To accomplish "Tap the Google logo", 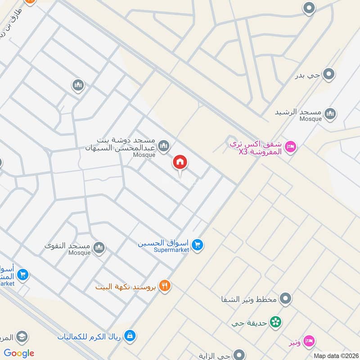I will (19, 353).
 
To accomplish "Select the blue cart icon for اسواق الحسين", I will (197, 245).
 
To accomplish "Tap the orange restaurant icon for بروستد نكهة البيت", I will (165, 285).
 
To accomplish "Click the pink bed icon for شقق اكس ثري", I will (291, 147).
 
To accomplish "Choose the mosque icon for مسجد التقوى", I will (99, 247).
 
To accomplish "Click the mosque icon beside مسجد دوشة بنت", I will (164, 145).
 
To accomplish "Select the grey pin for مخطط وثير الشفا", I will (285, 298).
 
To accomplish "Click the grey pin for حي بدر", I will (330, 74).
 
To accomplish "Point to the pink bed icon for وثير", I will (309, 341).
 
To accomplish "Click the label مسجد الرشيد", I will (298, 112).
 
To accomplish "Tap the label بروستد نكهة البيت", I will (126, 286).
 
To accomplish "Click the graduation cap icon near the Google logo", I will (22, 336).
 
